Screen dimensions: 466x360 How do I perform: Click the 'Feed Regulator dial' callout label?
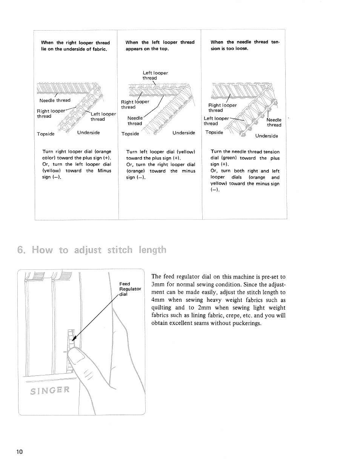(x=130, y=289)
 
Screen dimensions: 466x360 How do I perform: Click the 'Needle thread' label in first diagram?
(x=55, y=100)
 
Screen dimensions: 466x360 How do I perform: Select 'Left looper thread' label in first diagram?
(x=103, y=117)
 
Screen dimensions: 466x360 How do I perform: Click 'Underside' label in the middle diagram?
(x=184, y=133)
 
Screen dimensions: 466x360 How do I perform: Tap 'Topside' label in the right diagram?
(x=214, y=132)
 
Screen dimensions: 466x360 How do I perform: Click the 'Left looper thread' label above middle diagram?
(x=155, y=75)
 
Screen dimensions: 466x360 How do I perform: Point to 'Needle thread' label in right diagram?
(x=274, y=122)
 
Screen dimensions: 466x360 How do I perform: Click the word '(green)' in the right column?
(x=229, y=158)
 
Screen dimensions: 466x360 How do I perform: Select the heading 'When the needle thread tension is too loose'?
(x=245, y=45)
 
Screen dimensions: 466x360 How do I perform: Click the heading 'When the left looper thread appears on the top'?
(x=160, y=45)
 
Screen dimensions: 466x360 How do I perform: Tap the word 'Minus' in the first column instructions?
(x=105, y=171)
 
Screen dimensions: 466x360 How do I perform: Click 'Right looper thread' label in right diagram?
(x=222, y=108)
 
